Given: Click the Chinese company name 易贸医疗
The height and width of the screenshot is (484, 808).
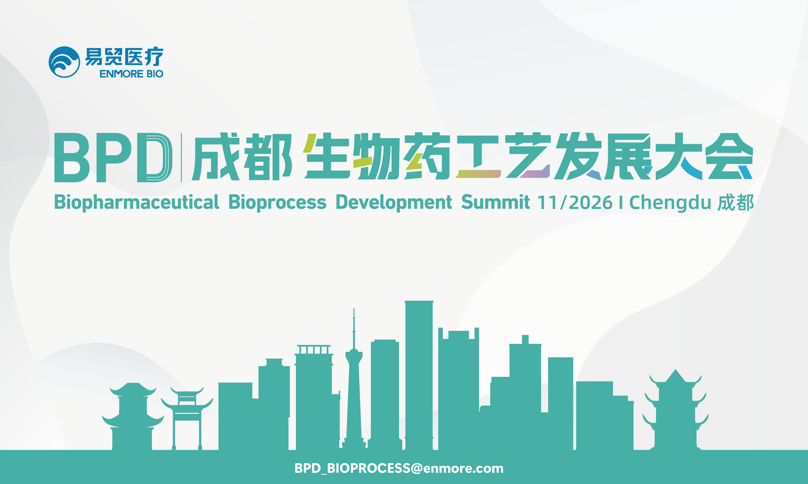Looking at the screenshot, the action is click(124, 57).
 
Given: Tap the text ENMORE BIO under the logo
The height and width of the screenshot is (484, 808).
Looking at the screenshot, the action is click(131, 74).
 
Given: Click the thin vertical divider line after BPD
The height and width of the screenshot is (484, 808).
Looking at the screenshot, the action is click(181, 157).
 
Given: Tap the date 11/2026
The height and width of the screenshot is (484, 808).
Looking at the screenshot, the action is click(575, 202).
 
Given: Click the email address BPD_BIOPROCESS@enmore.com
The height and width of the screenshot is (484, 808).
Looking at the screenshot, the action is click(399, 468).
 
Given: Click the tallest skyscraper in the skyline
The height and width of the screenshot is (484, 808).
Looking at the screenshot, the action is click(419, 375).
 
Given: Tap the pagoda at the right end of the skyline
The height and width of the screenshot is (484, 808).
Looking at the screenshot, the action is click(675, 411).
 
